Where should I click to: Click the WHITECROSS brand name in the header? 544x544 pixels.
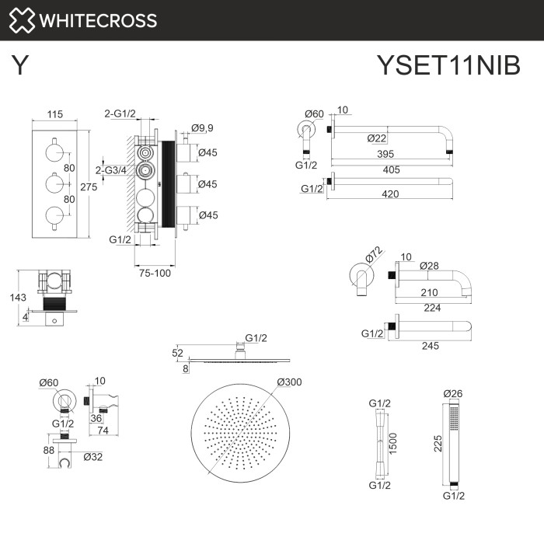[97, 20]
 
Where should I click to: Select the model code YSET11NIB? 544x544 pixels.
[448, 65]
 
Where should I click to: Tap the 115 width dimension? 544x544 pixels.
[54, 114]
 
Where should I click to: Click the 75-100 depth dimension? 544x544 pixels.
[155, 272]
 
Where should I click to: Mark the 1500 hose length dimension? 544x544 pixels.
[393, 445]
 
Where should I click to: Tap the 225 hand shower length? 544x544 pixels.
[439, 443]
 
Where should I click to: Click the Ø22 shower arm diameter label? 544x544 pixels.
[377, 138]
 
